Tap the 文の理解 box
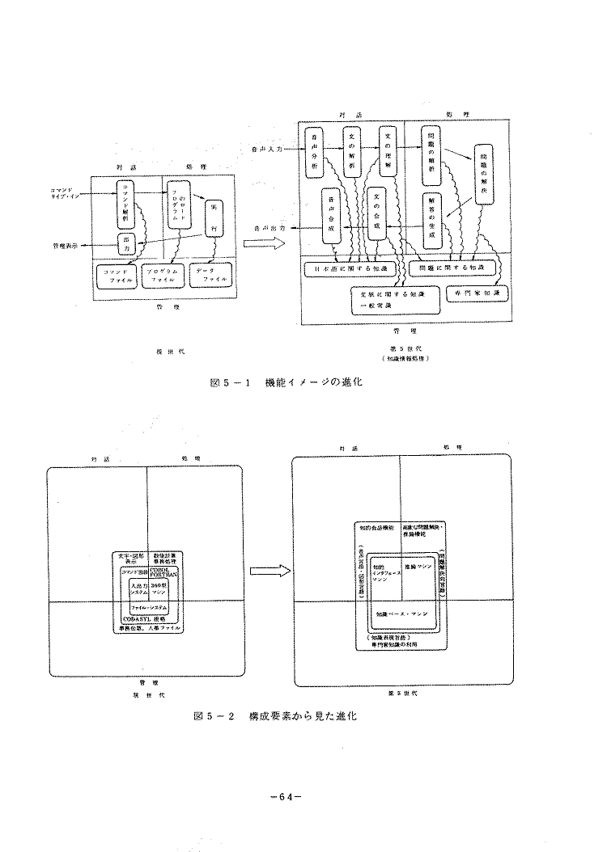pos(388,150)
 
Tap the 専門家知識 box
pos(478,294)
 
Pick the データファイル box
pos(209,276)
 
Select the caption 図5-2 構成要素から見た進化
pos(274,716)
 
